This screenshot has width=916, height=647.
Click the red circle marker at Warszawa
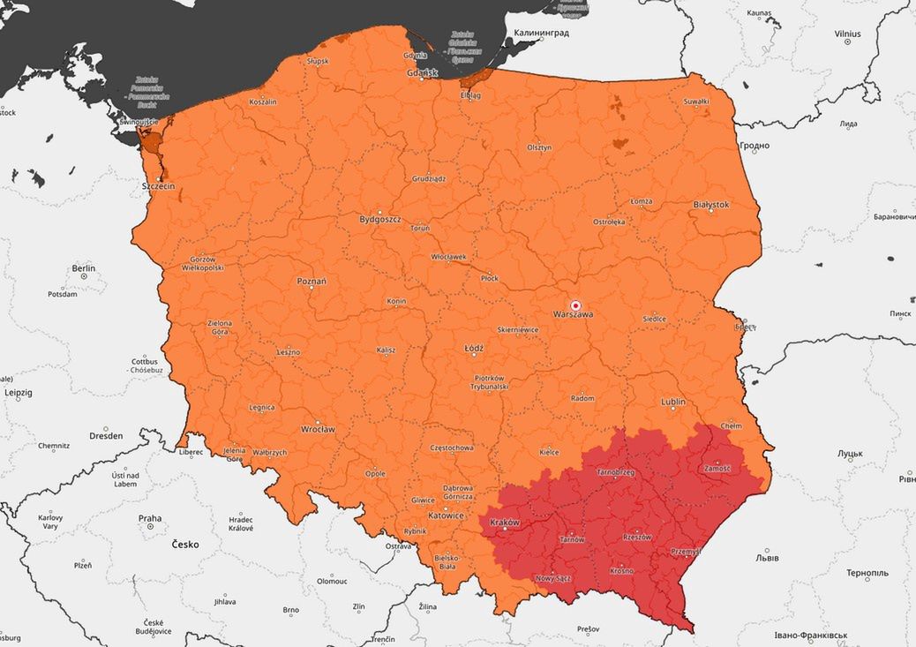576,305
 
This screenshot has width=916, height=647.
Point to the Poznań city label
312,282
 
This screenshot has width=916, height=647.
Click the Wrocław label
318,430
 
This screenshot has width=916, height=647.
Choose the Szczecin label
158,186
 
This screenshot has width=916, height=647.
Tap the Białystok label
711,204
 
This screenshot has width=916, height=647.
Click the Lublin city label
673,402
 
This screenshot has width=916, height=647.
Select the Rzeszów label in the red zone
635,537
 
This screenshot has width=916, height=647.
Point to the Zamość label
717,469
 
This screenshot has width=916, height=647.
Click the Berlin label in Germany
84,267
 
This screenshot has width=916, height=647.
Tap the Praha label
149,518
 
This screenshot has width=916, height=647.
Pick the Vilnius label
847,34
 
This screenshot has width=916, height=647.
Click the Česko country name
185,545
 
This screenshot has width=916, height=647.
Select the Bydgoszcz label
380,218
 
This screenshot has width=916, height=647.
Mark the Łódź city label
474,348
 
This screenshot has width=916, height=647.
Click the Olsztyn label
539,147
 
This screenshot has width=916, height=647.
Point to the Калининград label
541,33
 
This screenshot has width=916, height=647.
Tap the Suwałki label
696,102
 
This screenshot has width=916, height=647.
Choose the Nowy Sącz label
553,579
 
